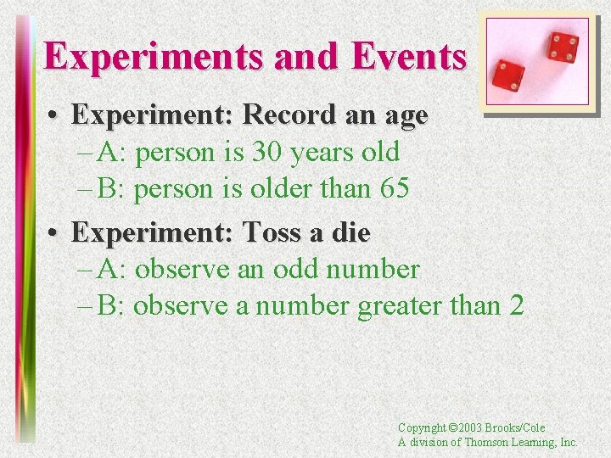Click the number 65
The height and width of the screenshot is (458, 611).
[395, 188]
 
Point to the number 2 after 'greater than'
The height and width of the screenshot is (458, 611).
[517, 305]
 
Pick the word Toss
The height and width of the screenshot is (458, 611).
[273, 232]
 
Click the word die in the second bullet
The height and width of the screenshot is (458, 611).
[350, 232]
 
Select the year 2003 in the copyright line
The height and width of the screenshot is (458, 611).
[471, 428]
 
